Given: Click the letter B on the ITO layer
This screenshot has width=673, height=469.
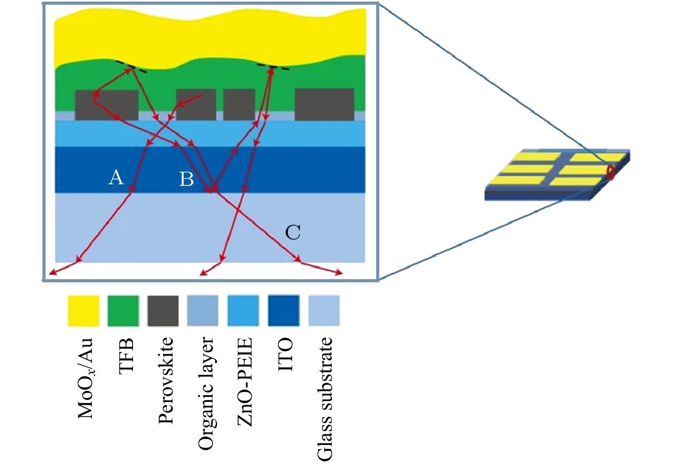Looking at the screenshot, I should click(186, 180).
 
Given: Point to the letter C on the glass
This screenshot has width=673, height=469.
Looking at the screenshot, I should click(293, 232).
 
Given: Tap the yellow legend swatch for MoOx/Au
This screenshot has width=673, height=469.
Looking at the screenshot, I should click(83, 310).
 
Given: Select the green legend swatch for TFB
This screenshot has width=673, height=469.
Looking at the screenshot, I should click(123, 310).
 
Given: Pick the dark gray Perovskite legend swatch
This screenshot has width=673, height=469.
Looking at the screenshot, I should click(163, 310).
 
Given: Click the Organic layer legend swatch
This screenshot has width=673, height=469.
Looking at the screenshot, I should click(203, 310).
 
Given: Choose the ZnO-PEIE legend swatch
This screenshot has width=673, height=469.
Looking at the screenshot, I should click(243, 310).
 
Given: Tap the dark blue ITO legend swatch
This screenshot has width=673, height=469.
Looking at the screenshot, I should click(284, 310).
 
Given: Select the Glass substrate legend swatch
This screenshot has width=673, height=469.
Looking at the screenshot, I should click(324, 310).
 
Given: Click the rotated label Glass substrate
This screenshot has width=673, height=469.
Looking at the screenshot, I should click(325, 398).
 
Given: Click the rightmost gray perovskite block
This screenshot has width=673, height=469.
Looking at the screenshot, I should click(324, 105).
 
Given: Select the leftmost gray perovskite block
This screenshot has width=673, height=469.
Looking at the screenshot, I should click(107, 105).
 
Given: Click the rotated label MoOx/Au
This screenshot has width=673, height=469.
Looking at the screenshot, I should click(85, 377).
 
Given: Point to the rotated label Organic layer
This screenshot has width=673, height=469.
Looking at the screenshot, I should click(206, 387).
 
